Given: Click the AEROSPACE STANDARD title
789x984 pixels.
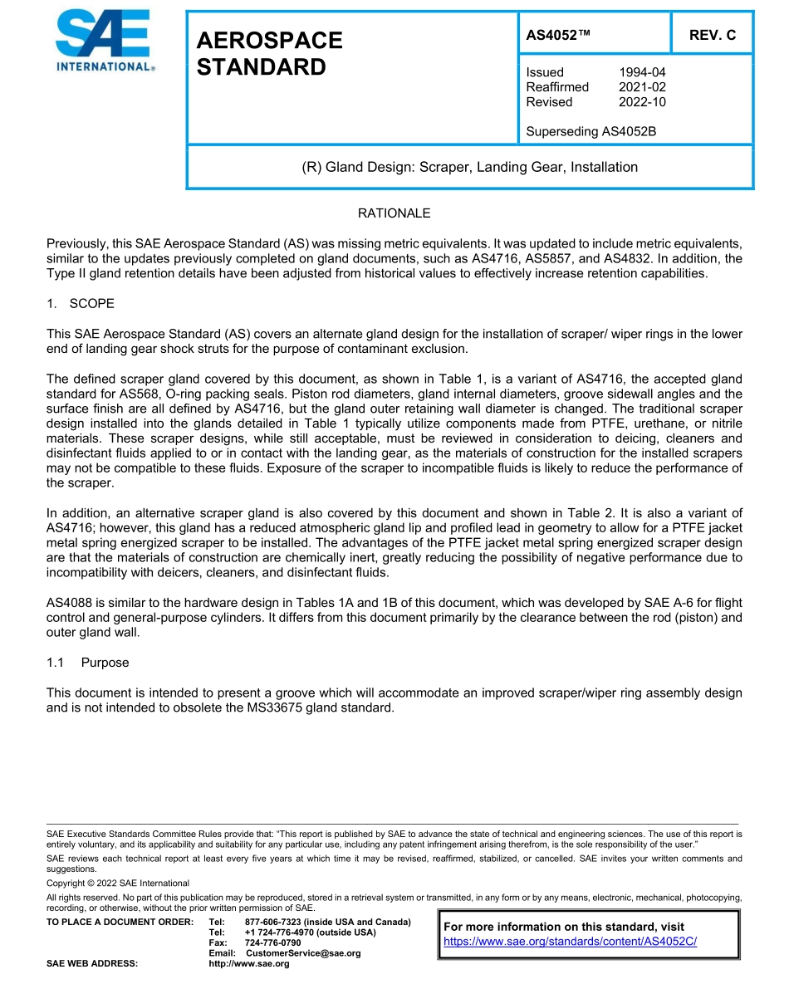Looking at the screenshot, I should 269,54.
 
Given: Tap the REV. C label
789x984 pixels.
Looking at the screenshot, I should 712,35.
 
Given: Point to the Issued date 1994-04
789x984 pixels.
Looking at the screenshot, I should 642,72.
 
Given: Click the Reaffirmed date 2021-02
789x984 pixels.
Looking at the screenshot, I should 642,87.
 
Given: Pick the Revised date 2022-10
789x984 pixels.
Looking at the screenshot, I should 642,102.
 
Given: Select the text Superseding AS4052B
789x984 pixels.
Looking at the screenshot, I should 591,131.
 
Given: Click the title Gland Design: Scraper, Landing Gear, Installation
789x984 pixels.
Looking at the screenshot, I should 469,167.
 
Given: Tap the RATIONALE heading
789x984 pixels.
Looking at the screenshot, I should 394,213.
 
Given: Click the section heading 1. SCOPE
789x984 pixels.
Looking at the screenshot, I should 81,303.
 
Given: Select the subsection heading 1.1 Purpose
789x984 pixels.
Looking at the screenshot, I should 87,663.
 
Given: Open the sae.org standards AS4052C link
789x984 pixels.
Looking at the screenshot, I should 570,942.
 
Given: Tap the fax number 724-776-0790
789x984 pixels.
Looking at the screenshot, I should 272,943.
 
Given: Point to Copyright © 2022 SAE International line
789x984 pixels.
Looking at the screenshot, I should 118,883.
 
